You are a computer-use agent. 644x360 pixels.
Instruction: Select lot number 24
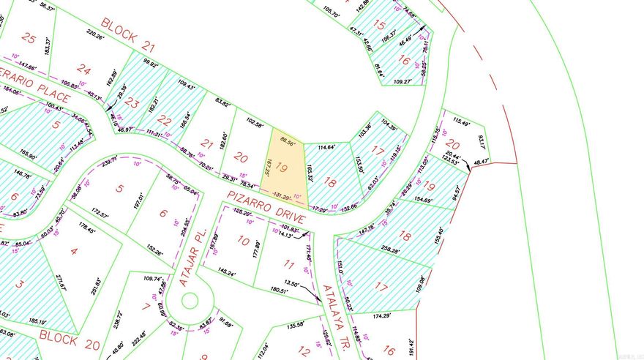pyautogui.click(x=84, y=70)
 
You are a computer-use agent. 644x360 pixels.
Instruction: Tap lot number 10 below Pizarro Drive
pyautogui.click(x=243, y=241)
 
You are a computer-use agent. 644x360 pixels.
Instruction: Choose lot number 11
pyautogui.click(x=288, y=265)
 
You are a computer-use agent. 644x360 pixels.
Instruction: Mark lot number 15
pyautogui.click(x=379, y=25)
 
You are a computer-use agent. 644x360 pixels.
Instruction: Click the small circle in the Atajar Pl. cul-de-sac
pyautogui.click(x=190, y=299)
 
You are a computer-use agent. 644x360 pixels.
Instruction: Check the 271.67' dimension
pyautogui.click(x=60, y=282)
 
